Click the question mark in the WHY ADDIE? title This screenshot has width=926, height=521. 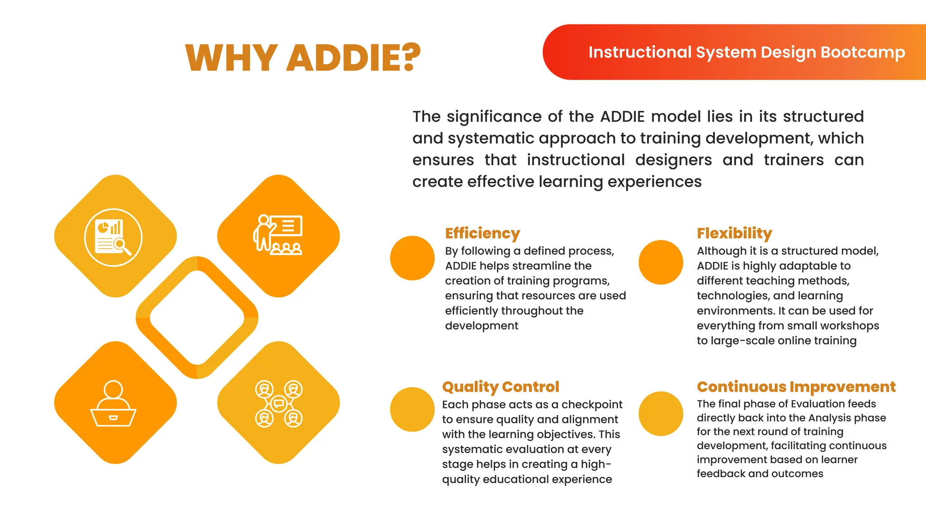411,57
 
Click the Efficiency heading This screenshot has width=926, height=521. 482,233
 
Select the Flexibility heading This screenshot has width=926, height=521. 734,233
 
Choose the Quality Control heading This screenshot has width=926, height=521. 501,387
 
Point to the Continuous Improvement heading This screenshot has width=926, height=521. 796,387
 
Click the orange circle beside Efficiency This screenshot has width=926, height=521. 412,258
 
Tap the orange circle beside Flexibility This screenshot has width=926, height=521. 661,262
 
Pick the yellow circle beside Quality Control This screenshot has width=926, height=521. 412,409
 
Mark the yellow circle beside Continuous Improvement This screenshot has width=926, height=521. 661,413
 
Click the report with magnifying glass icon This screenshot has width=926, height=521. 113,237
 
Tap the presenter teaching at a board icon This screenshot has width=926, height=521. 278,235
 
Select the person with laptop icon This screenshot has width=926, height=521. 113,403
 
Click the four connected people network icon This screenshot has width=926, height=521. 279,403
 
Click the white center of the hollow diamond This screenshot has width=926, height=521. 197,317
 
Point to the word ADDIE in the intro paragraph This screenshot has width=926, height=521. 622,117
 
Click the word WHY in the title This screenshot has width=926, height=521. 231,58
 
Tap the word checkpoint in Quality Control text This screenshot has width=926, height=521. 592,404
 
